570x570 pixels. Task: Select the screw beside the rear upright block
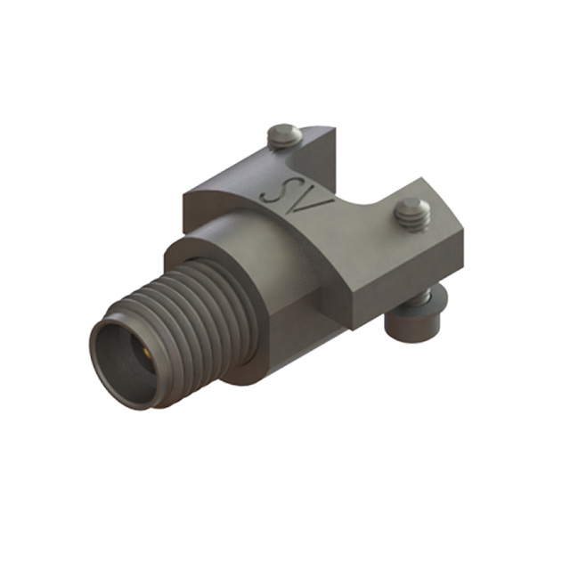coord(284,136)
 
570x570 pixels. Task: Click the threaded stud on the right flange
coord(412,215)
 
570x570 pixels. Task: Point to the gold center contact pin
coord(146,353)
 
